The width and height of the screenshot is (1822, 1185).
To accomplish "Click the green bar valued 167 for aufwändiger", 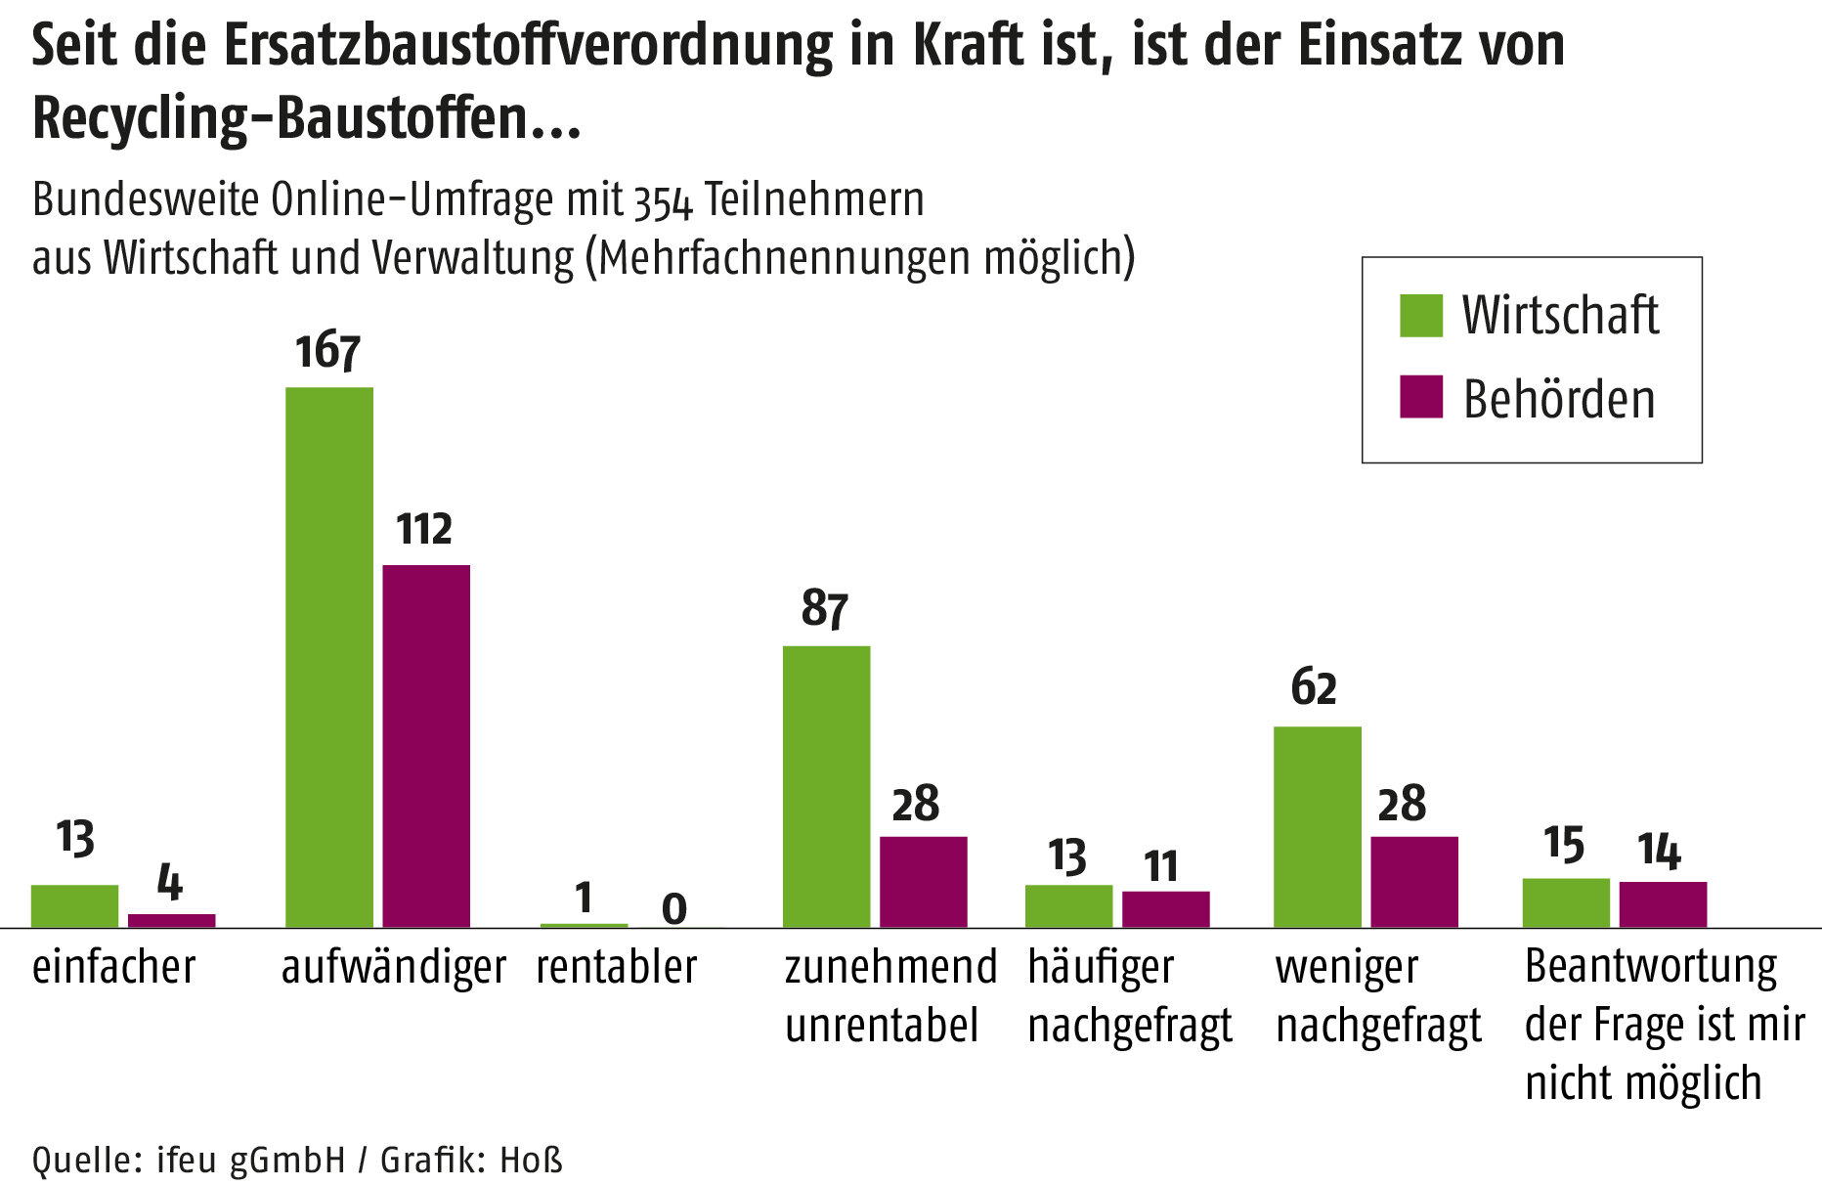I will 329,657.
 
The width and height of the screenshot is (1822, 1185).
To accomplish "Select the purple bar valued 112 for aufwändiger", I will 426,746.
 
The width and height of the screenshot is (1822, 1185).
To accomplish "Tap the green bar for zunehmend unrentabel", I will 826,786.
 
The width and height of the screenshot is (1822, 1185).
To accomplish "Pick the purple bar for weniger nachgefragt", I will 1414,881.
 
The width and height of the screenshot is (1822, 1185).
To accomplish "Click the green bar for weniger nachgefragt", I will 1317,826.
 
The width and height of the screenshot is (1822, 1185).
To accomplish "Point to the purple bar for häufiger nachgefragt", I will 1165,908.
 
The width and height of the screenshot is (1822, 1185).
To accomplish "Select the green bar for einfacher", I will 74,905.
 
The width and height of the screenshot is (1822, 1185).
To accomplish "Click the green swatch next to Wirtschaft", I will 1420,315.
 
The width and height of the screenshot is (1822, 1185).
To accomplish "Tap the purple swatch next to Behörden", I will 1420,397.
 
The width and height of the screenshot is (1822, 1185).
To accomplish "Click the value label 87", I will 824,608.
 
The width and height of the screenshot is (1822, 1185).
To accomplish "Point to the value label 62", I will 1313,687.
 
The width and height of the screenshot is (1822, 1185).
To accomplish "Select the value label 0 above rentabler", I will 674,909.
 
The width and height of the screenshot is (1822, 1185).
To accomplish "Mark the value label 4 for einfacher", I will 170,882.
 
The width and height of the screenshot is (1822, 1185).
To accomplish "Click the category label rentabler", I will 617,967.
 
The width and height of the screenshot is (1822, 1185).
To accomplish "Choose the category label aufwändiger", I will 393,968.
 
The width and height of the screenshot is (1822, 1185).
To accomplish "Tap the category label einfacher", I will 113,967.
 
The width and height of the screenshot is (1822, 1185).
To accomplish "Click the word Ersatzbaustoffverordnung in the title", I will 527,45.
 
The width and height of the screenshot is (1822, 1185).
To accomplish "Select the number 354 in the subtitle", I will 663,201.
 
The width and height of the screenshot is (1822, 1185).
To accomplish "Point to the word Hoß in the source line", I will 532,1160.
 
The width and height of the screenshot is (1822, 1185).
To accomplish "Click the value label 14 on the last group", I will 1659,850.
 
